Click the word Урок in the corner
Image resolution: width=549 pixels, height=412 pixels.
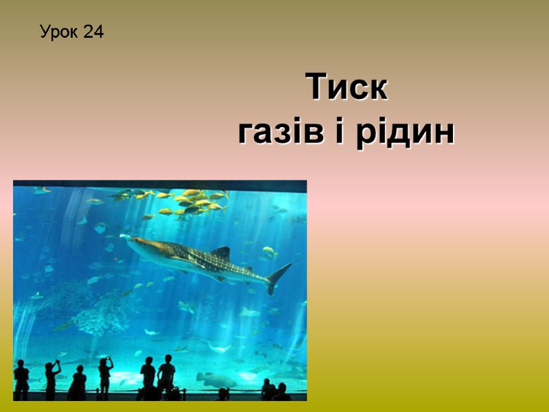point(58,32)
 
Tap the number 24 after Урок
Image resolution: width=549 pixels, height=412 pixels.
point(93,32)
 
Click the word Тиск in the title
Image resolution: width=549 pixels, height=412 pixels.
point(347,88)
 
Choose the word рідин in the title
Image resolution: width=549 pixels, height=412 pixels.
point(404,131)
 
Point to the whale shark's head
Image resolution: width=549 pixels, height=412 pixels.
point(137,243)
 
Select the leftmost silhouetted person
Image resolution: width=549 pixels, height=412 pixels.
point(21,380)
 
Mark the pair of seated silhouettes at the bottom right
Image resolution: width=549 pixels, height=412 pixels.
point(274,391)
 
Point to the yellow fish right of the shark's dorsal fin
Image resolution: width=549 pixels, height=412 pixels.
point(270,252)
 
